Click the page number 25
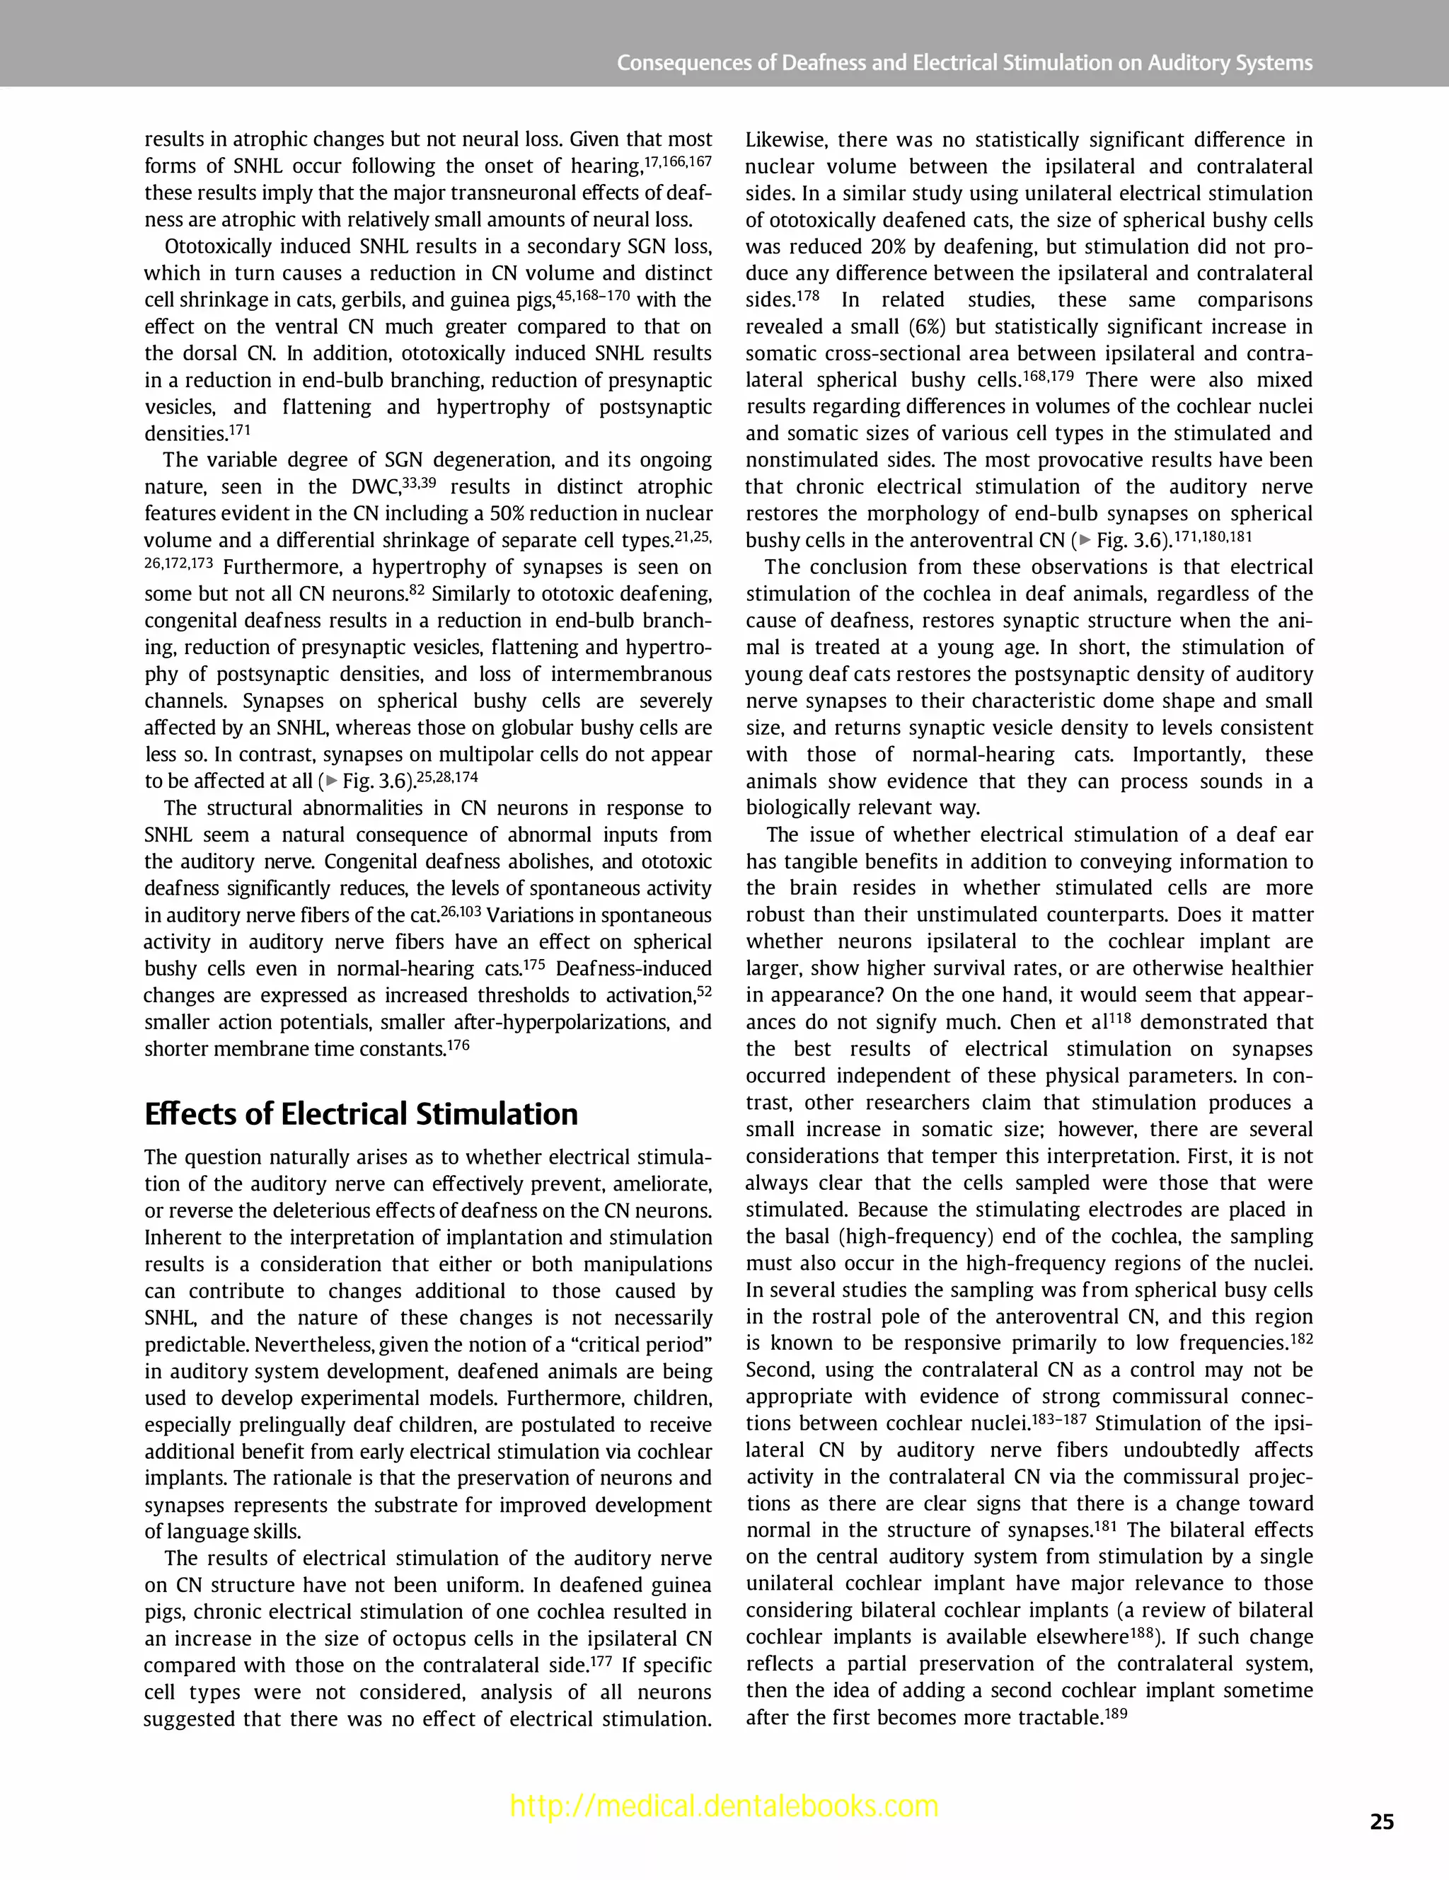click(x=1381, y=1821)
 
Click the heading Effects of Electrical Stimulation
click(x=361, y=1114)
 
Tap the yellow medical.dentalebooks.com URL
click(x=724, y=1805)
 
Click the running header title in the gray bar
click(x=964, y=63)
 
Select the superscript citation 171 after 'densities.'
click(x=239, y=430)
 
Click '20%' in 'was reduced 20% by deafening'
click(x=891, y=247)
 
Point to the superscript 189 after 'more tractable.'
click(x=1115, y=1713)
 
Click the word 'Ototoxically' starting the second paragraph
click(x=218, y=247)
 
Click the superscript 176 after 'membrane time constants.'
click(x=458, y=1045)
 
